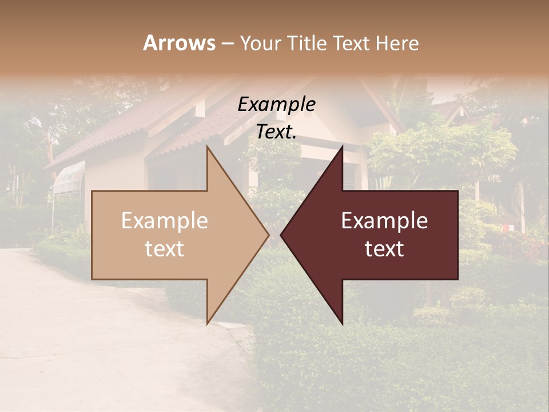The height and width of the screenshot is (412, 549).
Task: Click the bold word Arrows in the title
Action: click(x=179, y=43)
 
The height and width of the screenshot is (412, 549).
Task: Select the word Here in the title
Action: click(x=398, y=43)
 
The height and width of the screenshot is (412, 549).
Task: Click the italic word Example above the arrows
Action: click(x=276, y=105)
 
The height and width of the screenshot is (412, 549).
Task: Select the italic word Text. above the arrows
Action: click(x=276, y=132)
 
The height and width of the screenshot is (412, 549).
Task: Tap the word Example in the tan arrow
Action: click(x=165, y=221)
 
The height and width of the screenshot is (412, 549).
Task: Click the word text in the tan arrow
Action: click(x=165, y=249)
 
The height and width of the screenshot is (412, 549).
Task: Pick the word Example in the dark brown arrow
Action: click(x=384, y=221)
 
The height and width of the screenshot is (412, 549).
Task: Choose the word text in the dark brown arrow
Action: click(x=384, y=249)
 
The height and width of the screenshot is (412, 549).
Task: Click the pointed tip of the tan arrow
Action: click(x=269, y=235)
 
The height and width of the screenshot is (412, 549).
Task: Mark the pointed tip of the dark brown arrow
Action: click(x=281, y=235)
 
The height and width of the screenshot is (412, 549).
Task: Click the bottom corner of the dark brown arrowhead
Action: click(x=343, y=324)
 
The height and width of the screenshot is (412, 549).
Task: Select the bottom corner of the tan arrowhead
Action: click(x=208, y=323)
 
